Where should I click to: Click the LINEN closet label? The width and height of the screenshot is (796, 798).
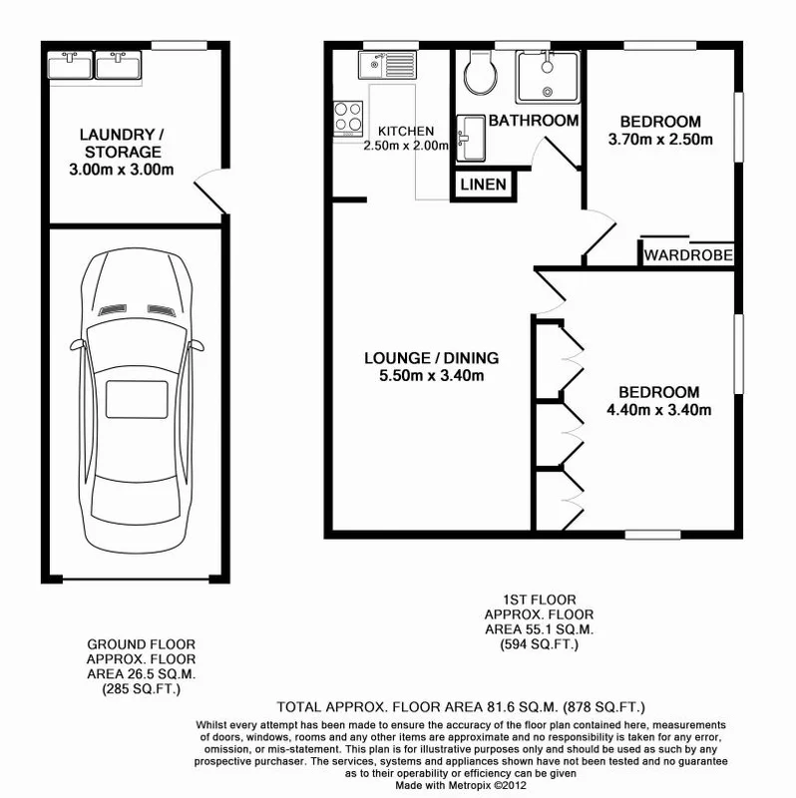point(483,186)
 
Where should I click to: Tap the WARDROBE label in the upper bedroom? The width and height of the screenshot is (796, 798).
point(688,255)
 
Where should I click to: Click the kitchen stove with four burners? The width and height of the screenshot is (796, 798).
point(349,117)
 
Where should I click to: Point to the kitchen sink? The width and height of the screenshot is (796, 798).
point(378,67)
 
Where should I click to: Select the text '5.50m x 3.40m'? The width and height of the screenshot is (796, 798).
point(431,376)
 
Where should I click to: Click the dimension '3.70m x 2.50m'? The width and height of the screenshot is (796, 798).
point(660,140)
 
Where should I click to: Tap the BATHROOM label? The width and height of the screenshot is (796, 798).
point(534,121)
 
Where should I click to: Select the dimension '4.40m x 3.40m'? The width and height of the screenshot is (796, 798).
point(658,409)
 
